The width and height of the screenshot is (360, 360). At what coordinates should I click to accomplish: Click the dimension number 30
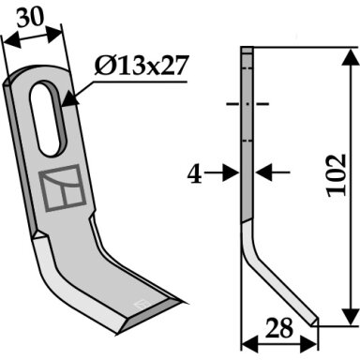tap(30, 17)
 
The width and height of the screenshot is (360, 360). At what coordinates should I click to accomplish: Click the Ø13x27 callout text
tap(142, 66)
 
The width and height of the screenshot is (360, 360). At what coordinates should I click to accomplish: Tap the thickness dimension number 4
tap(194, 174)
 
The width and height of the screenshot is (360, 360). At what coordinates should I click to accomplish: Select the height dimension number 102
tap(337, 175)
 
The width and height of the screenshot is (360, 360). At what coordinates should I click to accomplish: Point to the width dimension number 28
tap(279, 328)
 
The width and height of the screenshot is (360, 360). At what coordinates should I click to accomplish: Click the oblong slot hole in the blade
tap(49, 118)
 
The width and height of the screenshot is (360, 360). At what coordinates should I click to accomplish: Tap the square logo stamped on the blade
tap(62, 187)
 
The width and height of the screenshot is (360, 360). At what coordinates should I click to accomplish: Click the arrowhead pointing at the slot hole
tap(70, 99)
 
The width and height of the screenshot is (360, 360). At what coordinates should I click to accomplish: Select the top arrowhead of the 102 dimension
tap(351, 57)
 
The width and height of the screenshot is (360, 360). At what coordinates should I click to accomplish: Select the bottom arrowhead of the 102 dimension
tap(351, 316)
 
